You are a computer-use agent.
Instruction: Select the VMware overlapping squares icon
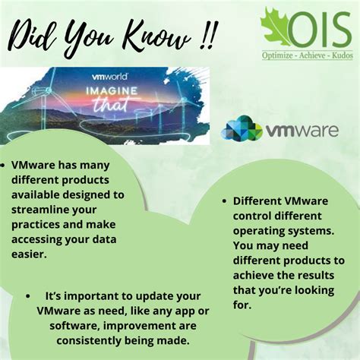click(x=241, y=128)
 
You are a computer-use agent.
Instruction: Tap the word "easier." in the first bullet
click(x=30, y=255)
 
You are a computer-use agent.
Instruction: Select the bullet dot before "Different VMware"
click(x=226, y=202)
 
